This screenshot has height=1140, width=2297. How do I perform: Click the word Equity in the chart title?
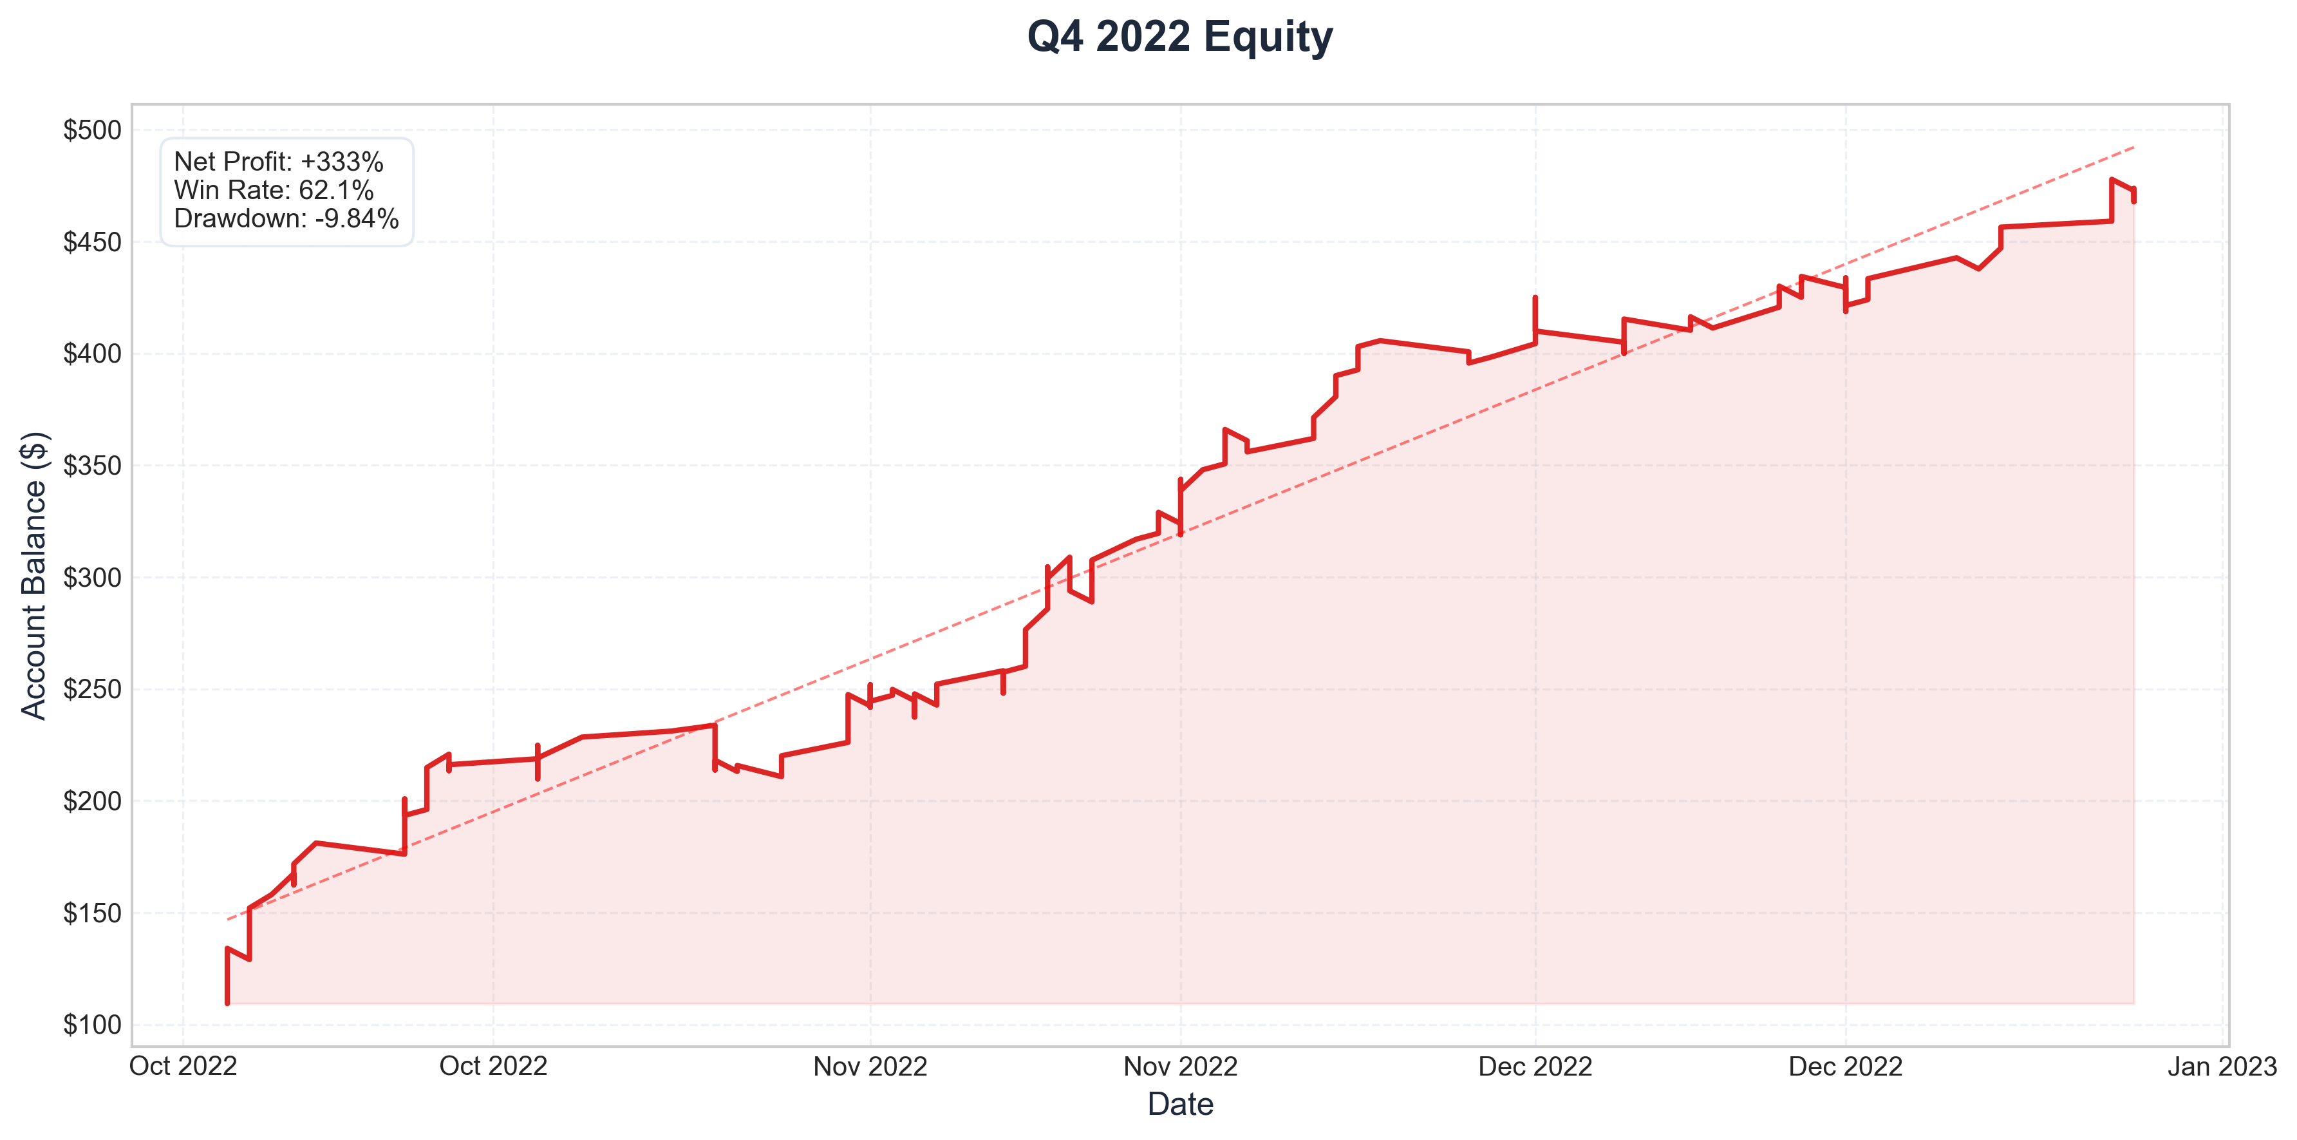[1268, 37]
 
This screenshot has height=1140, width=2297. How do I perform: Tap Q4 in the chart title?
[1055, 37]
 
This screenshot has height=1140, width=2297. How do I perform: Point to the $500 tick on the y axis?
[92, 130]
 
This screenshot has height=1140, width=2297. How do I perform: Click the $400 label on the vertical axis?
[92, 354]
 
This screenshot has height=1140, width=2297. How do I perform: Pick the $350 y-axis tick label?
[92, 466]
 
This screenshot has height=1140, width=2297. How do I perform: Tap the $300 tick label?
[92, 577]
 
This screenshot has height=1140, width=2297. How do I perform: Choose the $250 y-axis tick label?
[92, 690]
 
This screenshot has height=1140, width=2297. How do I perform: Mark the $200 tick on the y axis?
[92, 801]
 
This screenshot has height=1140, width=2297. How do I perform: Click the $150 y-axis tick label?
[92, 913]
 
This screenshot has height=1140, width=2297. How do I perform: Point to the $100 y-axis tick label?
[92, 1025]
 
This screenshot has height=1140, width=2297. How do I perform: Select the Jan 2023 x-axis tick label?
[2222, 1066]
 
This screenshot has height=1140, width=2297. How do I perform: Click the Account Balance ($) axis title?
[34, 575]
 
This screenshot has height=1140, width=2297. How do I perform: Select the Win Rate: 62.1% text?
[274, 190]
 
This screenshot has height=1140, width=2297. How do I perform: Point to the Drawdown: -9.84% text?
[286, 218]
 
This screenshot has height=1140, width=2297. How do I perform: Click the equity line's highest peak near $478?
[2112, 179]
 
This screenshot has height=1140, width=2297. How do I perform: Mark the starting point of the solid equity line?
[227, 1003]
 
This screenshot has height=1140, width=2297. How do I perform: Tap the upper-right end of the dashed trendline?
[2134, 146]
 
